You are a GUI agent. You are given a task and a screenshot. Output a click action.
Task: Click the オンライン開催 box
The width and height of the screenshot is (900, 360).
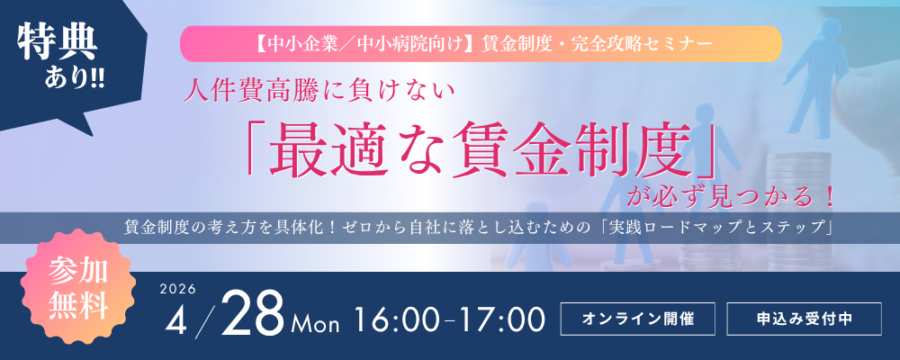[638, 319]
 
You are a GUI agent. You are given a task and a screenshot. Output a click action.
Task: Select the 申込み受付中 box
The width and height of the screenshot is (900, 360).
[804, 319]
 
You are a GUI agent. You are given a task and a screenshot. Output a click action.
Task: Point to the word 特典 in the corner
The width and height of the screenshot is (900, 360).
[58, 43]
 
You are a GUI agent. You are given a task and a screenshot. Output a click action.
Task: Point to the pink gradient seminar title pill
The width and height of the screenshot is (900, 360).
[481, 44]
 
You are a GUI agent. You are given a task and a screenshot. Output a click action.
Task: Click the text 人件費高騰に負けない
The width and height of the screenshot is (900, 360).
[319, 92]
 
